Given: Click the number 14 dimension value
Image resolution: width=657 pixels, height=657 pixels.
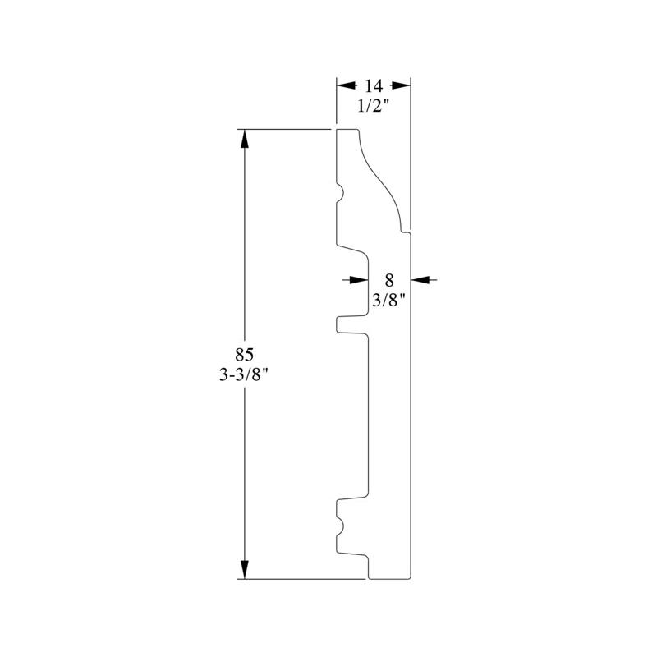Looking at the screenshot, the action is pyautogui.click(x=374, y=86).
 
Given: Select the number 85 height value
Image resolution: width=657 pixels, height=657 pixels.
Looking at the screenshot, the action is pyautogui.click(x=244, y=355).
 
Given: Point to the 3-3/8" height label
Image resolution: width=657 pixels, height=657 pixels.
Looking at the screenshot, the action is pyautogui.click(x=244, y=374).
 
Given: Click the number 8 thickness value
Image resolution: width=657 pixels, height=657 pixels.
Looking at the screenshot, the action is pyautogui.click(x=389, y=280).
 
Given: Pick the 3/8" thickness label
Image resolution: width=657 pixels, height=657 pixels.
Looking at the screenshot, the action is pyautogui.click(x=389, y=300).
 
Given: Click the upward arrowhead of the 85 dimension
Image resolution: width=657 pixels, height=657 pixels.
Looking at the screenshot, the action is pyautogui.click(x=245, y=139).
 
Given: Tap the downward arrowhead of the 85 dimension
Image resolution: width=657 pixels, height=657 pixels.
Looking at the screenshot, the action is pyautogui.click(x=245, y=569).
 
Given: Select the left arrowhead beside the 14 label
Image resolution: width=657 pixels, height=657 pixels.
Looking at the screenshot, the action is pyautogui.click(x=347, y=85).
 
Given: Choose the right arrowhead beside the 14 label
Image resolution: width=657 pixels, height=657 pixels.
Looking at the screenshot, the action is pyautogui.click(x=401, y=85).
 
